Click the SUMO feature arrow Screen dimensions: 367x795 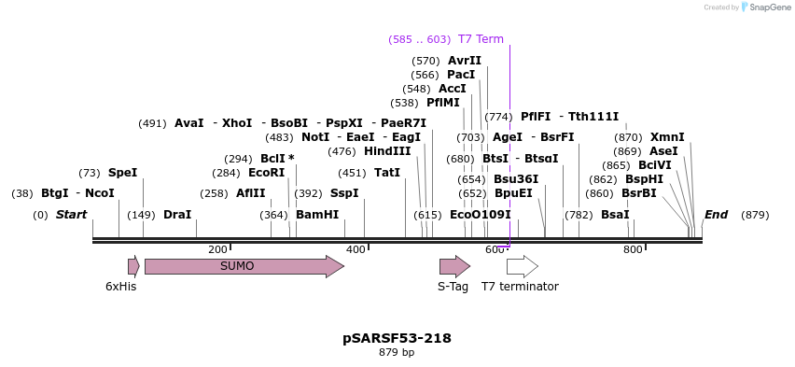point(244,266)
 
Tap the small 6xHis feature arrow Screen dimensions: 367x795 point(133,266)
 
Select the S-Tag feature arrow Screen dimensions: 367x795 point(454,266)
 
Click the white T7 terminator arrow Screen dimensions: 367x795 point(522,266)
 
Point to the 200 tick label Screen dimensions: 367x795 point(217,249)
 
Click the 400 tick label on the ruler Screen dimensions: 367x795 point(356,249)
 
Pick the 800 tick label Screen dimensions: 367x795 point(633,249)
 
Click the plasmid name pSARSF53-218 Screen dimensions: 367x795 point(397,338)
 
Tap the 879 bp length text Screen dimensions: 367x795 point(397,353)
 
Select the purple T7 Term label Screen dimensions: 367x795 point(481,39)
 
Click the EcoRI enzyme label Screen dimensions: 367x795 point(267,173)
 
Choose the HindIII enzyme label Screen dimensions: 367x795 point(387,151)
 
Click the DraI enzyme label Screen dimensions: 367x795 point(177,215)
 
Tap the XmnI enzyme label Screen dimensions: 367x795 point(667,137)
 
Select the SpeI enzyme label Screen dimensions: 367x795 point(122,173)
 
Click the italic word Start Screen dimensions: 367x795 point(71,215)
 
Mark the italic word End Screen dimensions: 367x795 point(716,215)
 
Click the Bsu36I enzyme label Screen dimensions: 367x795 point(516,179)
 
